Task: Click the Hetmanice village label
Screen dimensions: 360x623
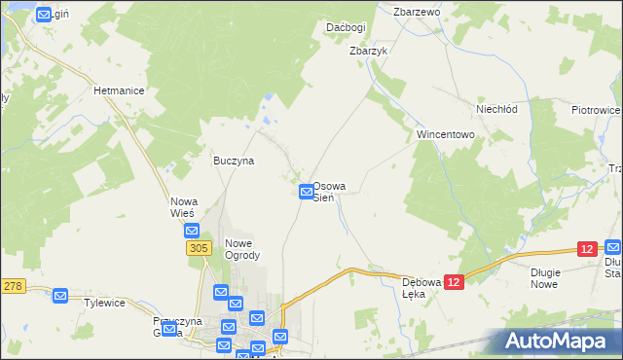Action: (x=119, y=90)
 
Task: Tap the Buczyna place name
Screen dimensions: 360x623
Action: (x=234, y=161)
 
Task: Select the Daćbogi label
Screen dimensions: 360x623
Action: (x=346, y=27)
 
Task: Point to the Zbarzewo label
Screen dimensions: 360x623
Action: (x=418, y=12)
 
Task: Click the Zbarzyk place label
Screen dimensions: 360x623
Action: (x=369, y=51)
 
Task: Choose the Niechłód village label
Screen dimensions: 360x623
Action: (x=495, y=109)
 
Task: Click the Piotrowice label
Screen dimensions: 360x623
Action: (x=596, y=111)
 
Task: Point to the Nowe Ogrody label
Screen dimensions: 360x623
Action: (x=242, y=249)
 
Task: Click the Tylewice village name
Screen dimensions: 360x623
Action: (x=105, y=303)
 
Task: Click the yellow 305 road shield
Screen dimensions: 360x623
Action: (x=198, y=249)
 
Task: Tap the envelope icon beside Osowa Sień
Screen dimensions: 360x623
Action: (x=307, y=193)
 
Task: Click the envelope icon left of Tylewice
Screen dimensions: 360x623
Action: (x=60, y=296)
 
